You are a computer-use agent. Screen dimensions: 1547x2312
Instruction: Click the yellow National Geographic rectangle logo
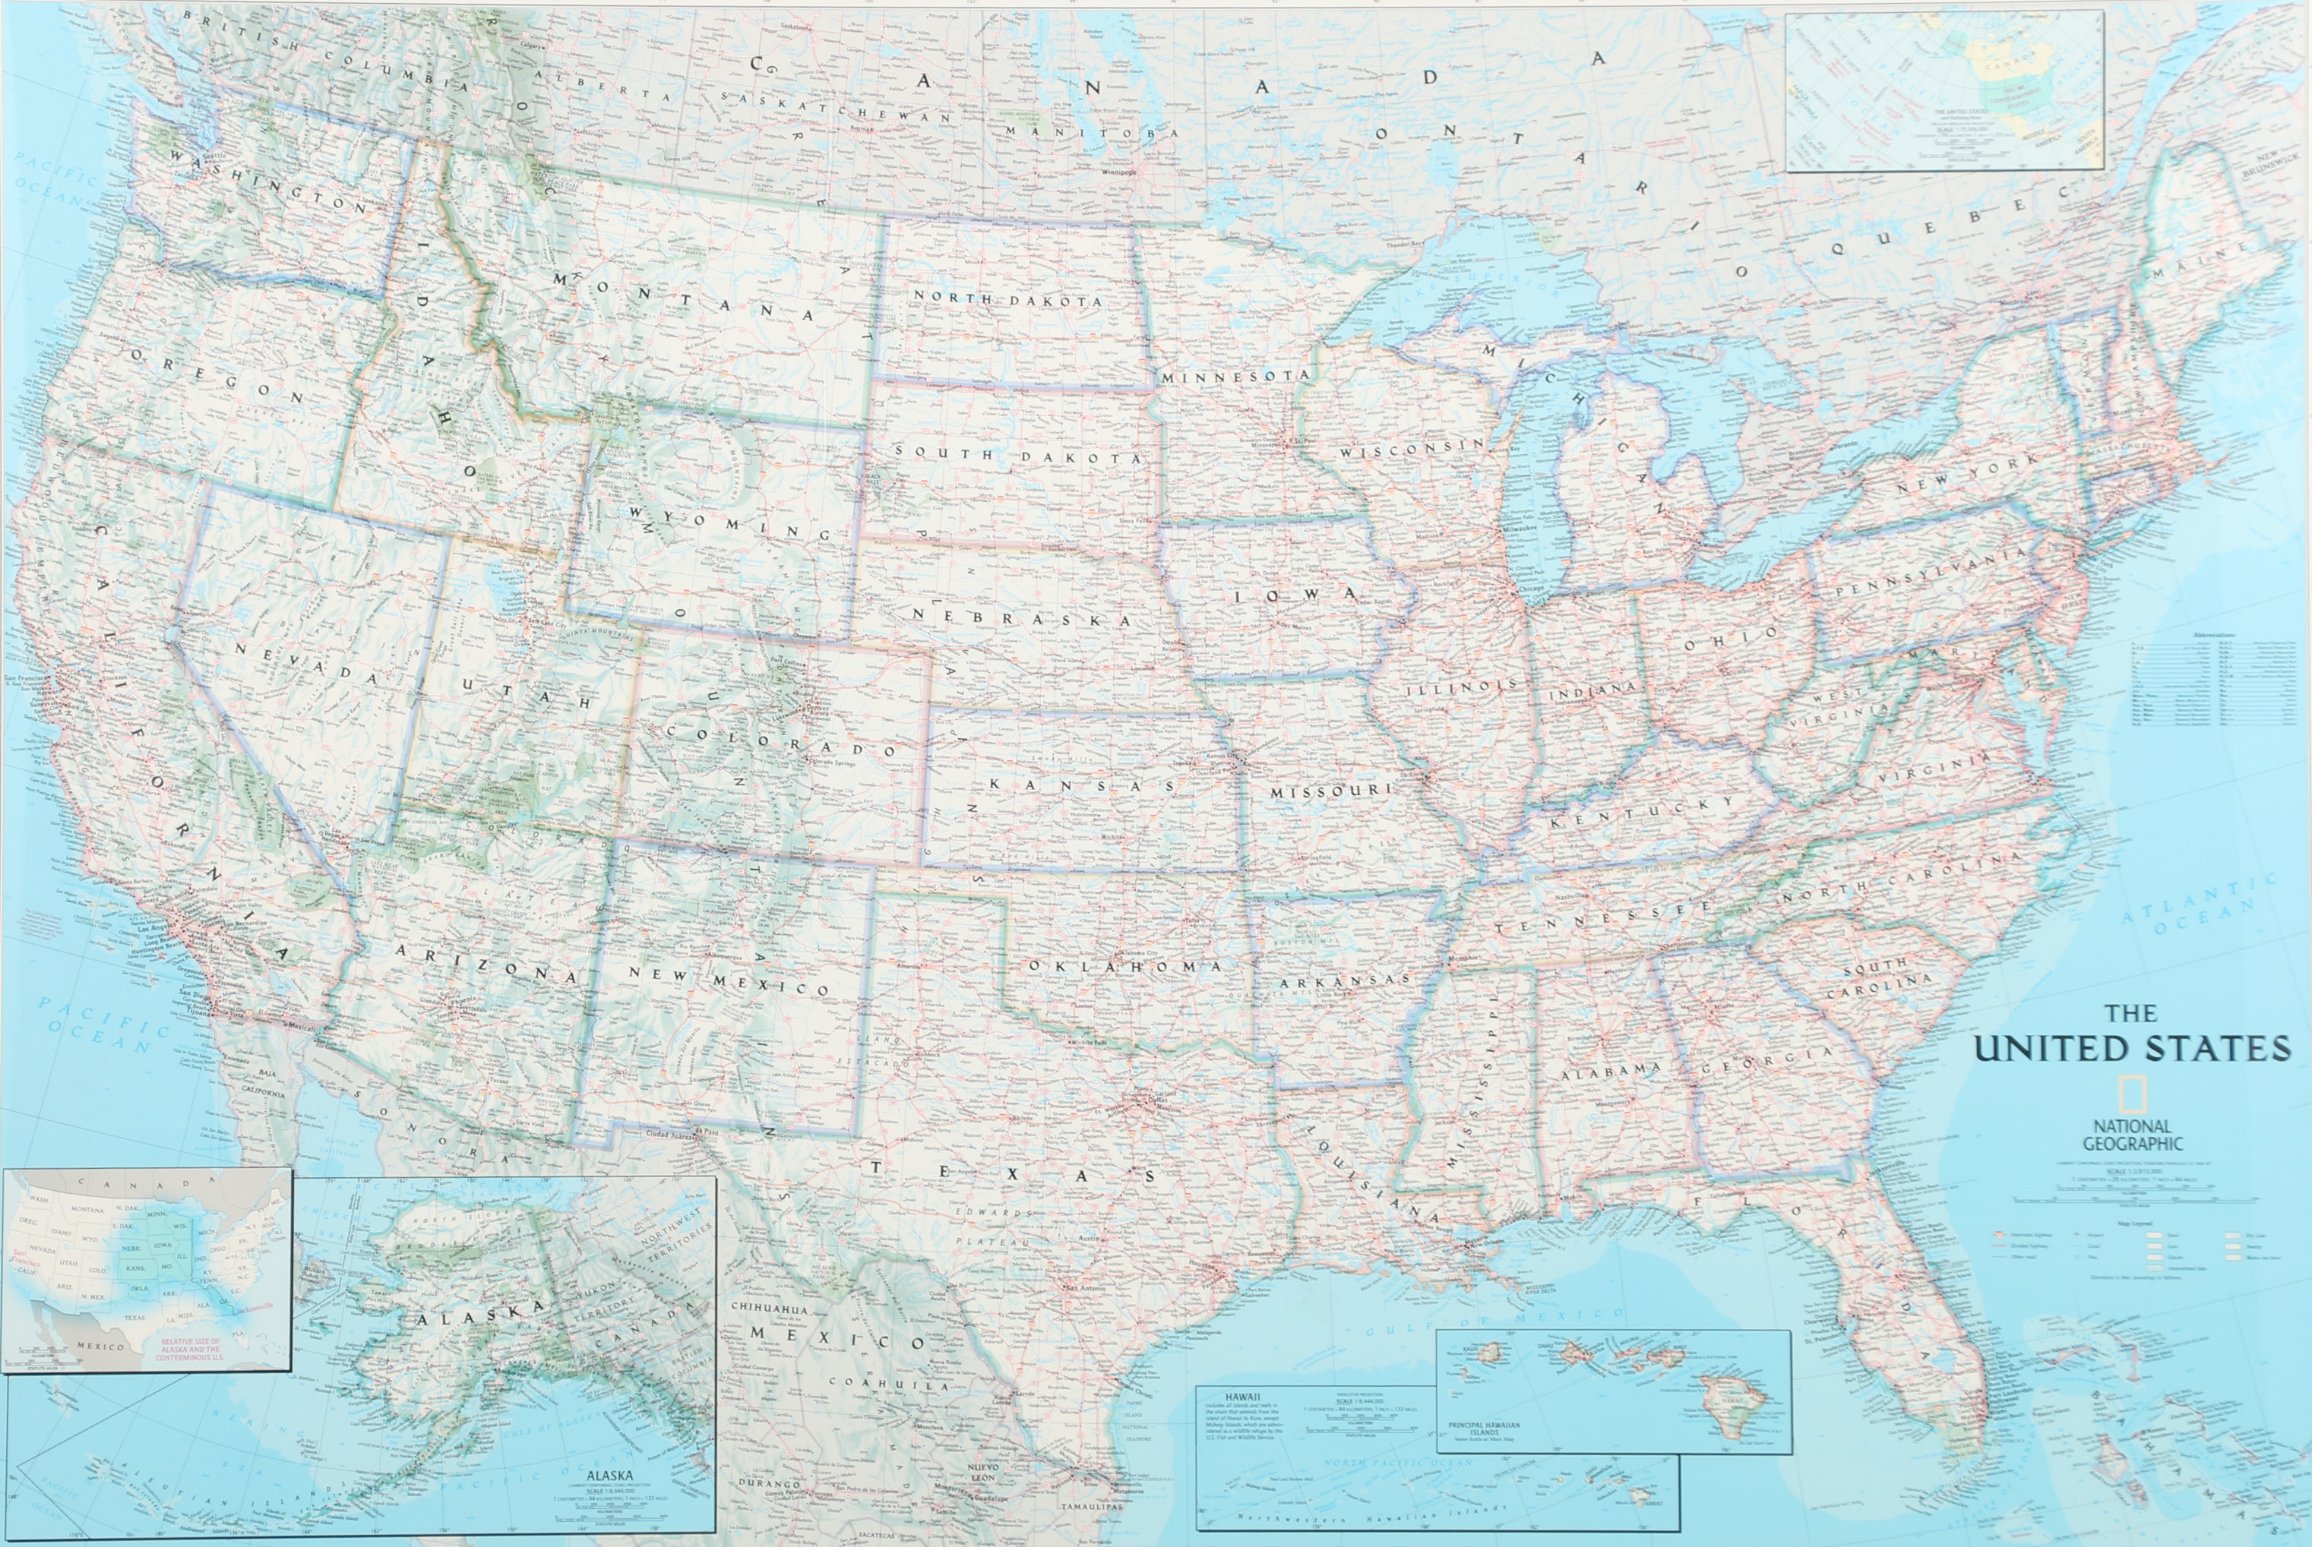pyautogui.click(x=2133, y=1094)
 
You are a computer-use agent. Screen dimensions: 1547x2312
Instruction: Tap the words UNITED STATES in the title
pyautogui.click(x=2133, y=1048)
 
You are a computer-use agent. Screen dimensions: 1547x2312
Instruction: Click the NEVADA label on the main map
pyautogui.click(x=306, y=663)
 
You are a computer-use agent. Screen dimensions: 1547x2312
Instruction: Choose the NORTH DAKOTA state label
pyautogui.click(x=1007, y=299)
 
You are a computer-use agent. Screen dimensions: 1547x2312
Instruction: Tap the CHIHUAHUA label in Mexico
pyautogui.click(x=769, y=1309)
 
